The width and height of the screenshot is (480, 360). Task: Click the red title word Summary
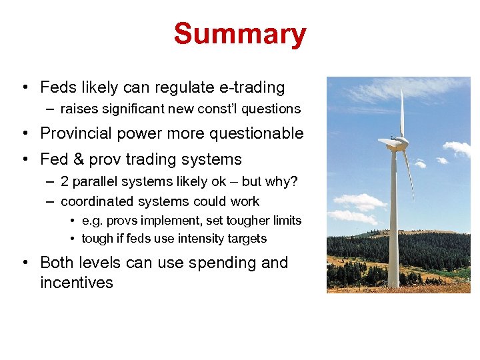tap(240, 34)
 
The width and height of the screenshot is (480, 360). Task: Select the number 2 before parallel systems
tap(65, 182)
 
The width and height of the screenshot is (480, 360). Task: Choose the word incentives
tap(77, 283)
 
